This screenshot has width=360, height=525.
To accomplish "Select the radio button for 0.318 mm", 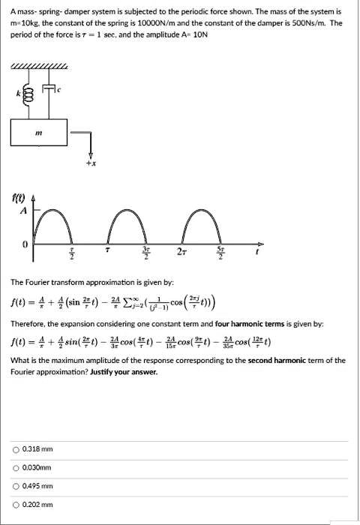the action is pyautogui.click(x=16, y=449).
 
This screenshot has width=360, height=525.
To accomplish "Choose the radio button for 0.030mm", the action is pyautogui.click(x=16, y=467).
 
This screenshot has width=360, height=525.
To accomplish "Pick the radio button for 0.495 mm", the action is pyautogui.click(x=16, y=486).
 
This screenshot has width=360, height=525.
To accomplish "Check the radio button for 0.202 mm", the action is pyautogui.click(x=16, y=505).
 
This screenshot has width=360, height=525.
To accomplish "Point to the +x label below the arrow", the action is pyautogui.click(x=91, y=162).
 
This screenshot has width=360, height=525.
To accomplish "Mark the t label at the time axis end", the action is pyautogui.click(x=258, y=252).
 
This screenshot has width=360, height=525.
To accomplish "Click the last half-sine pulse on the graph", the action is pyautogui.click(x=203, y=225).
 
